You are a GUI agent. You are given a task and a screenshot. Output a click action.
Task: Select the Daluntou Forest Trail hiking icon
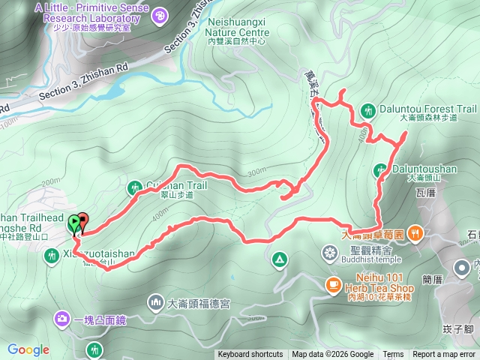tap(367, 109)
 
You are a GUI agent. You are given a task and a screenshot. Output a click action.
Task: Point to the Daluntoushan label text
tap(425, 169)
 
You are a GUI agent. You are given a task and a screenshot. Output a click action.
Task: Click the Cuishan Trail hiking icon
tap(134, 187)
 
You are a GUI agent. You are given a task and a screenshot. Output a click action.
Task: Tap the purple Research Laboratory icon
tap(159, 14)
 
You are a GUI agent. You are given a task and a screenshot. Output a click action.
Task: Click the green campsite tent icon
tap(279, 259)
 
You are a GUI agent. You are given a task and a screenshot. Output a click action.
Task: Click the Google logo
tap(28, 349)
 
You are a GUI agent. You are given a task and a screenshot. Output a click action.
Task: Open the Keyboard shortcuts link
tap(250, 355)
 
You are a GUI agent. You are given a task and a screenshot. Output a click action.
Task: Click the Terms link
tap(392, 355)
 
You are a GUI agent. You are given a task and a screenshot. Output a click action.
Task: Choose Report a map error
tap(443, 355)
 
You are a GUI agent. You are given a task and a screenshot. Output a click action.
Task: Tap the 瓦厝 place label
tap(424, 193)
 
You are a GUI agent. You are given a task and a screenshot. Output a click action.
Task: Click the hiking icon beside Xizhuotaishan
tap(51, 257)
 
